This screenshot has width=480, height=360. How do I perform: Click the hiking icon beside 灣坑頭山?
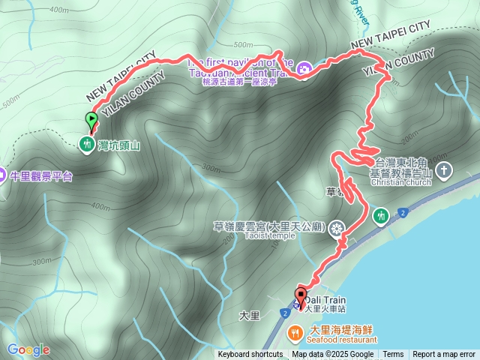[88, 143]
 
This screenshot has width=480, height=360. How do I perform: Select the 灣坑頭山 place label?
[119, 144]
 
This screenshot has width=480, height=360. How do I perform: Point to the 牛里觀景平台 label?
[40, 176]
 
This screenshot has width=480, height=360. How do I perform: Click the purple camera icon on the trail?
[304, 68]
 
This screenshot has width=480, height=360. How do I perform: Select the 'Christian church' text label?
[399, 181]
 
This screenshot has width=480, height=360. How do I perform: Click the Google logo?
[28, 349]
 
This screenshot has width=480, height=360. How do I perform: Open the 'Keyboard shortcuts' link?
[250, 355]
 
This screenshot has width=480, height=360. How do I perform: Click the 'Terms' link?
[393, 355]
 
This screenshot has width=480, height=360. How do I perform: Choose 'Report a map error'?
[444, 355]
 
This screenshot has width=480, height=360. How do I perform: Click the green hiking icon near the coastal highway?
[380, 216]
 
